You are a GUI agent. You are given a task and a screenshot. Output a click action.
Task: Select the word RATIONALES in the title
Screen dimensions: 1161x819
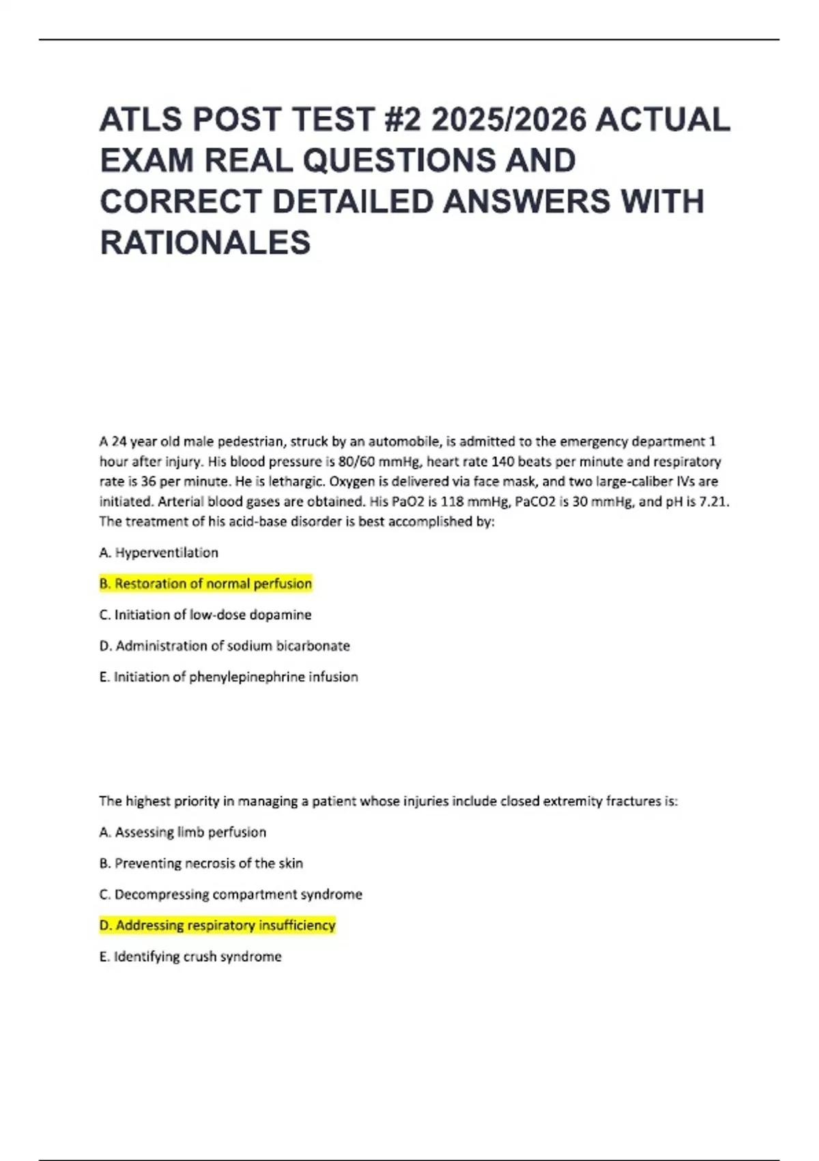coord(205,243)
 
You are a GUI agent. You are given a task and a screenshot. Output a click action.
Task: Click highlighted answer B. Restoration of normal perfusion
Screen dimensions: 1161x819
coord(205,584)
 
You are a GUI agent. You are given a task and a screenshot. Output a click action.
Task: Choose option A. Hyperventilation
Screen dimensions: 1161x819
coord(159,552)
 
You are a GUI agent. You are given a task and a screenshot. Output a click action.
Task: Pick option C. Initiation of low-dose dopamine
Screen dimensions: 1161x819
coord(205,615)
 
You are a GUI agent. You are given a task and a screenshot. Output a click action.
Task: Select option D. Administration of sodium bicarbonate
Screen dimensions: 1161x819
coord(225,646)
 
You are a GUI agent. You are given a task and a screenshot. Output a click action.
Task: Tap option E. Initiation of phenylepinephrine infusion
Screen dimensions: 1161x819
coord(229,677)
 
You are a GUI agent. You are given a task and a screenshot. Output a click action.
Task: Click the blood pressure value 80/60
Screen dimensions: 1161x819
coord(354,462)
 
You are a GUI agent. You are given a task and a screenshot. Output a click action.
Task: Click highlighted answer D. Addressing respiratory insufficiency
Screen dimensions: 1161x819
coord(218,925)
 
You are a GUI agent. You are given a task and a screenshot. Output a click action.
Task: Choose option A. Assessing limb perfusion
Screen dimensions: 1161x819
coord(183,833)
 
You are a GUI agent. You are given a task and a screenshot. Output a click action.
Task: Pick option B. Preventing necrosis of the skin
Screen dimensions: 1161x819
coord(201,863)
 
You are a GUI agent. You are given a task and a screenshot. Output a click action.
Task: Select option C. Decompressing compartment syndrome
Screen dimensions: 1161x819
coord(231,895)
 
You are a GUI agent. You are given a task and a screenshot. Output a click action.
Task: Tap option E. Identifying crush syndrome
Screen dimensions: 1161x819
coord(190,957)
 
